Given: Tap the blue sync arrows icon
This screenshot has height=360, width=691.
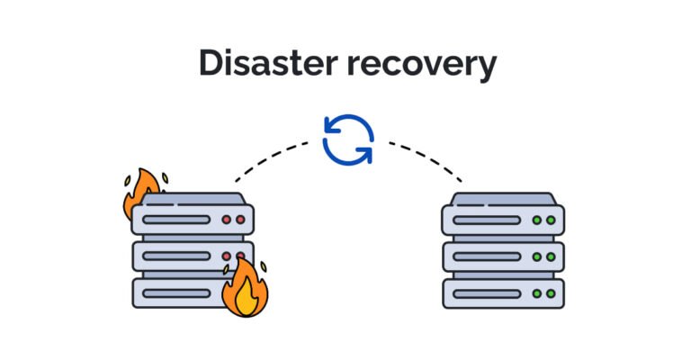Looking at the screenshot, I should pos(347,139).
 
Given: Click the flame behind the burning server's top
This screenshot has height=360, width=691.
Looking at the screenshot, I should pos(141,191).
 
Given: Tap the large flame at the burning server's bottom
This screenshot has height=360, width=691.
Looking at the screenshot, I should pos(245,288).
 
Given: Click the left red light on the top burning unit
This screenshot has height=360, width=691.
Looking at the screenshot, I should pos(227,220).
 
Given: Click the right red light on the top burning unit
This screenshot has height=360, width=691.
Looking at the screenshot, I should pos(239,220).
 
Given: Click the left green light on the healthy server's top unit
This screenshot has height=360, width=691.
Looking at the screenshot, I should pos(537,220).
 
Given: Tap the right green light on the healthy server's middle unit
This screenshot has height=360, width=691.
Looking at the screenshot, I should pos(550,256).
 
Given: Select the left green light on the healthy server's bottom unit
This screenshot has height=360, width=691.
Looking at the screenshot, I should pos(537,293).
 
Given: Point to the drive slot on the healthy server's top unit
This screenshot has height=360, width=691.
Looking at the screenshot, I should pos(486,220).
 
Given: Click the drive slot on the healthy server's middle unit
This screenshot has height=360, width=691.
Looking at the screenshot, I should pos(486,256).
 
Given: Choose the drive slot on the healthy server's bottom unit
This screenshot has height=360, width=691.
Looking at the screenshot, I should pos(486,293).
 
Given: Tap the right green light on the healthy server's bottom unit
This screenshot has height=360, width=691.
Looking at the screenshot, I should pos(550,293).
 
